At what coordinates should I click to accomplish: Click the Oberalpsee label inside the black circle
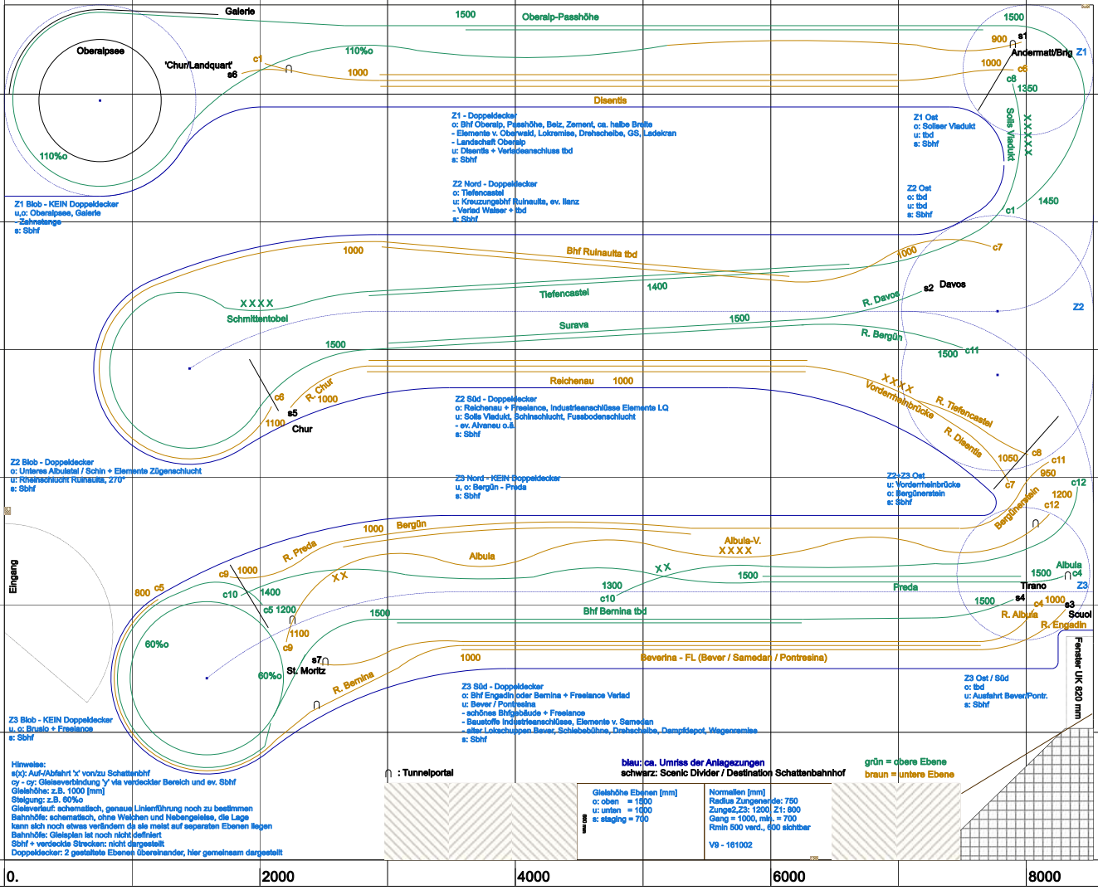pos(100,51)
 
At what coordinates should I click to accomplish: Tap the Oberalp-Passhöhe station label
pos(560,17)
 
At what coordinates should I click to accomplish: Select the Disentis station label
pos(610,100)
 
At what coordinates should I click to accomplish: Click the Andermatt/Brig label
pos(1042,52)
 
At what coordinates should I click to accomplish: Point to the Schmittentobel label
pos(257,319)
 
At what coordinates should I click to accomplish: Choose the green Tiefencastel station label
pos(564,294)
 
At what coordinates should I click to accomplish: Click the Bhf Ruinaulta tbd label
pos(602,253)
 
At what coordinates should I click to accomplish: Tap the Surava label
pos(573,325)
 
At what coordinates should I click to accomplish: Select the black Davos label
pos(953,285)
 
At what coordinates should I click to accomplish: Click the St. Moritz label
pos(305,670)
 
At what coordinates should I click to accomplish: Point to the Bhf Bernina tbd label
pos(614,611)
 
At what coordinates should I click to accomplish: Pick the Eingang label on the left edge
pos(13,576)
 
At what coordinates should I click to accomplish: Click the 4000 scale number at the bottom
pos(533,877)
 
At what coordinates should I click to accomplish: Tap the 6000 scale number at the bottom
pos(788,877)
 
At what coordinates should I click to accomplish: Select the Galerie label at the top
pos(240,12)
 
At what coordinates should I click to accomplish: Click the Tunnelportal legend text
pos(428,772)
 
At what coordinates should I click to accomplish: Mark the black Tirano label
pos(1033,586)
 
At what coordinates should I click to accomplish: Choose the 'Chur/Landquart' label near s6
pos(198,65)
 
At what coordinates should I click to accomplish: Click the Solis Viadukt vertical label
pos(1010,134)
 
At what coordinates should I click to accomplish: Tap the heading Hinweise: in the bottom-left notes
pos(28,765)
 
